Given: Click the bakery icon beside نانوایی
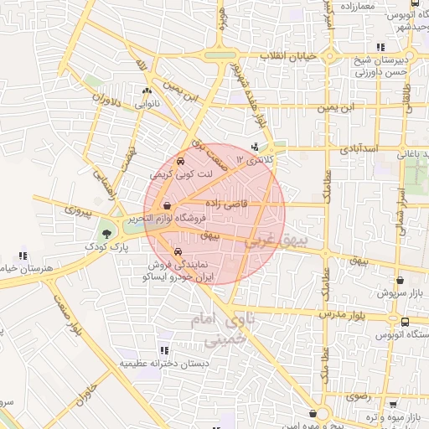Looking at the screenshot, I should coord(148,91).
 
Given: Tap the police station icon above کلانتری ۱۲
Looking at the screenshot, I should coord(256,147).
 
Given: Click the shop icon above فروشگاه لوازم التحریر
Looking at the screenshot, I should coord(168,205).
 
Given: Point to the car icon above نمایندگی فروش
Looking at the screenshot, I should coord(176,251).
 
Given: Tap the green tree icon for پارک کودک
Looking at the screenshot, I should coord(107,234).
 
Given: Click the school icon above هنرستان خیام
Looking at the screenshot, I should coord(23,256).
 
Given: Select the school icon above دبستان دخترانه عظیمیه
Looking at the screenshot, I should coord(164,350).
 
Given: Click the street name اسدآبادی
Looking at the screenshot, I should coord(360,148).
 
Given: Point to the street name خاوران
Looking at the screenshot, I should coord(80,394).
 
